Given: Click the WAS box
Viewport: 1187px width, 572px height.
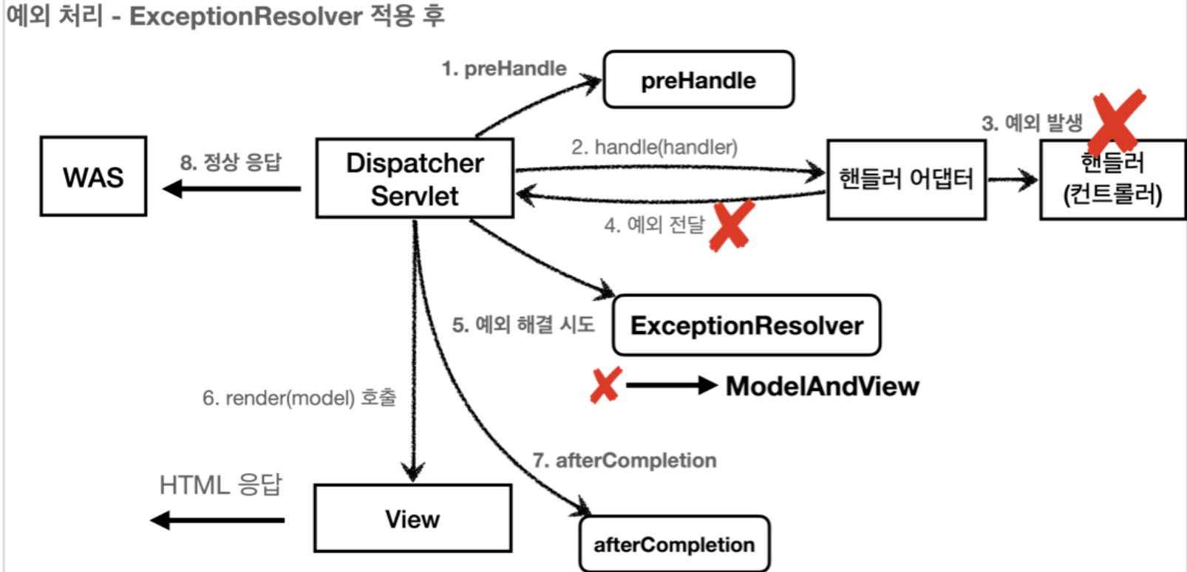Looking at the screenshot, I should [x=93, y=177].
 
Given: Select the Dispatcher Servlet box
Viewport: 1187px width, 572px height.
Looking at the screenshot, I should [x=415, y=179].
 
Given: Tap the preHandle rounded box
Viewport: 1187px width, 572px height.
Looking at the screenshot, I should [x=698, y=80].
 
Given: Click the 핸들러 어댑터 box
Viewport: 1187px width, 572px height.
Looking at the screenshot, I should [x=906, y=180].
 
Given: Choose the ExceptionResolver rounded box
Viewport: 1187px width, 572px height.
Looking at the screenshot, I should [x=746, y=326].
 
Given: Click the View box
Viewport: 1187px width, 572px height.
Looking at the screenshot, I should [x=412, y=519].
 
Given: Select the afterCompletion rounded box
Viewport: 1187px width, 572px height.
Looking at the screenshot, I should [x=674, y=545].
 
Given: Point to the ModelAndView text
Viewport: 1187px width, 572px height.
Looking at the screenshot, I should [x=822, y=386].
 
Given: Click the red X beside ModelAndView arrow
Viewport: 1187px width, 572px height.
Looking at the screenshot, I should [x=605, y=385].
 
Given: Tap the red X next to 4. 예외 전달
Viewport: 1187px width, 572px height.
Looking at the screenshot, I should [x=731, y=225].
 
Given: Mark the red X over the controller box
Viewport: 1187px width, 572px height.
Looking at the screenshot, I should [x=1117, y=120].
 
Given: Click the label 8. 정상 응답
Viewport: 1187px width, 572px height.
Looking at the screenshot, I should [x=231, y=162].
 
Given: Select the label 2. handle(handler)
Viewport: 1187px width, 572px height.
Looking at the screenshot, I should [x=654, y=147].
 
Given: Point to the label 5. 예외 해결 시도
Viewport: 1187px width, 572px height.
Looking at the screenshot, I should [x=523, y=324].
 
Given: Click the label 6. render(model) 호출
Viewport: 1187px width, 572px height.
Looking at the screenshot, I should [x=299, y=398].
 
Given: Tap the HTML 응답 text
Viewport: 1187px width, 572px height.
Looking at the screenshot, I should [x=221, y=485].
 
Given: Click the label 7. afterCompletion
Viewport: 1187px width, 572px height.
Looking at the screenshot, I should [x=625, y=460].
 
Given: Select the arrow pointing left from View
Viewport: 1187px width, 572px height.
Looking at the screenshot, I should [x=217, y=520].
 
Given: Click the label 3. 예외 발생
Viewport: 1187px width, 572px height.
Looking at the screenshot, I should [x=1032, y=123].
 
